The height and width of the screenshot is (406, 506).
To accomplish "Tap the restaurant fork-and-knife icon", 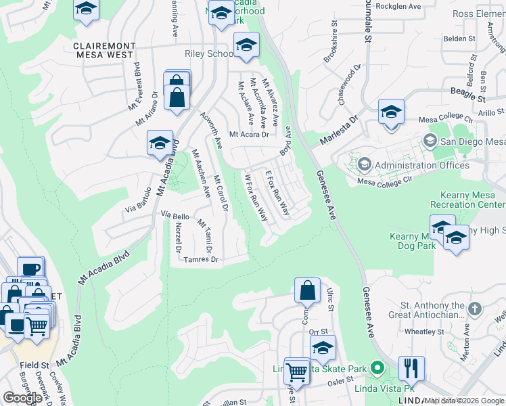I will [x=411, y=369].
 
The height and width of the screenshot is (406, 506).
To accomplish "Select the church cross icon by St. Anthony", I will [x=474, y=309].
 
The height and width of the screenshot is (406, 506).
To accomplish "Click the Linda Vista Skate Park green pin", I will [x=378, y=369].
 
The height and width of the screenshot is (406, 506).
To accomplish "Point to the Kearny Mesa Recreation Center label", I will [x=467, y=200].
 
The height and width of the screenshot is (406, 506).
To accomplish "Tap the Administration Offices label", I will [x=422, y=165].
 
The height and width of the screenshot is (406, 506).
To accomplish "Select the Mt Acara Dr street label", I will [x=249, y=135].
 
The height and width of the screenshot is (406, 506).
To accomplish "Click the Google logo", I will [x=22, y=397].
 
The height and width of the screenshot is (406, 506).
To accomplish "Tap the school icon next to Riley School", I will [x=246, y=45].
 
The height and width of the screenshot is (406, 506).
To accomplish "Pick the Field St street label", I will [x=32, y=365].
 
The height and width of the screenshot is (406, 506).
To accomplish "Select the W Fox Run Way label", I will [x=256, y=197].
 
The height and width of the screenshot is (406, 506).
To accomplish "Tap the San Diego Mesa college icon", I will [x=430, y=141].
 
